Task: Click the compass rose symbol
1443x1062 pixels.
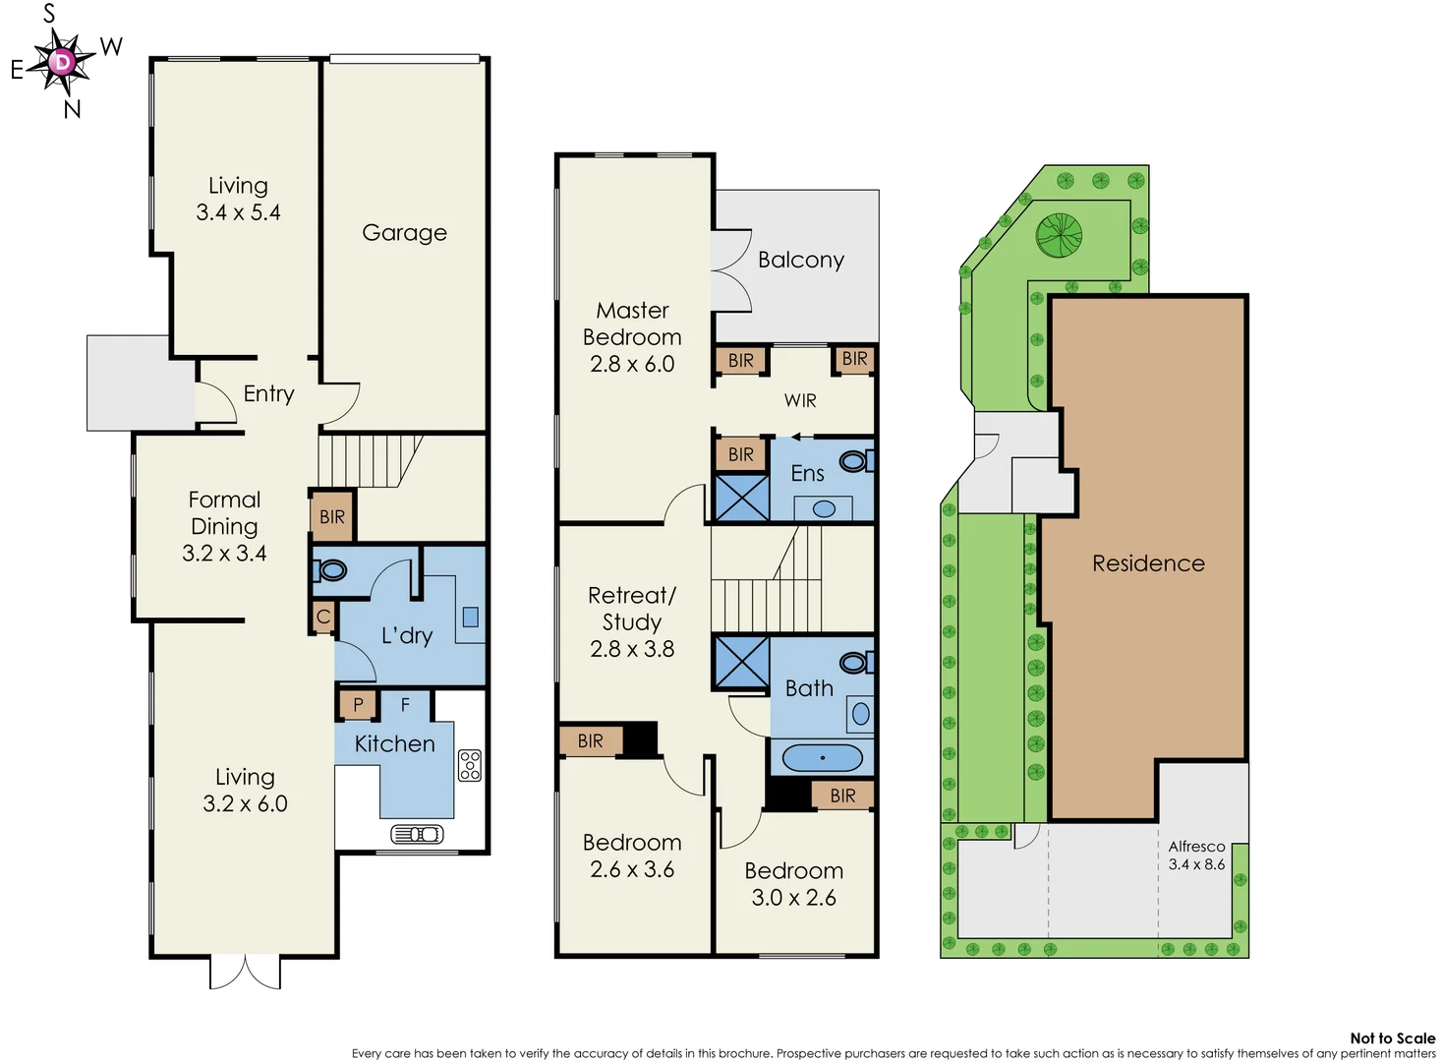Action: pyautogui.click(x=62, y=63)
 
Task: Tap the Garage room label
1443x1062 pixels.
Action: pyautogui.click(x=404, y=233)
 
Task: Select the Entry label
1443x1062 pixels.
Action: pyautogui.click(x=268, y=393)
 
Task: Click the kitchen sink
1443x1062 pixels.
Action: pyautogui.click(x=418, y=834)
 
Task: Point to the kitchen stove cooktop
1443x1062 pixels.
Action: pyautogui.click(x=470, y=765)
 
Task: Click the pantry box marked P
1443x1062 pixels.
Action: pyautogui.click(x=358, y=704)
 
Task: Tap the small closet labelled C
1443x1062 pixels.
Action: pyautogui.click(x=323, y=618)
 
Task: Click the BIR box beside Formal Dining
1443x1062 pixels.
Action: pyautogui.click(x=332, y=517)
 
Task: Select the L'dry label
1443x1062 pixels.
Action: pyautogui.click(x=407, y=635)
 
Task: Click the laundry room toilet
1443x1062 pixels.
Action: pyautogui.click(x=331, y=570)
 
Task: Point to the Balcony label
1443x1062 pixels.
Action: pyautogui.click(x=800, y=260)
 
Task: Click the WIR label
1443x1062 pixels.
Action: pyautogui.click(x=800, y=400)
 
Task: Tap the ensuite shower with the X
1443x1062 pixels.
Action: pyautogui.click(x=741, y=497)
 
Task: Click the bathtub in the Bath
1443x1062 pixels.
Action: pyautogui.click(x=823, y=757)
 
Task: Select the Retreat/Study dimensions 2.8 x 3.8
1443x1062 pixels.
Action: pyautogui.click(x=632, y=649)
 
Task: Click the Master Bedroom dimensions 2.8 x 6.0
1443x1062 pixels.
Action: pyautogui.click(x=632, y=364)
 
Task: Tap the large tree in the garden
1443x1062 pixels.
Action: pyautogui.click(x=1059, y=236)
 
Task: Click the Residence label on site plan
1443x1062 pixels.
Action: pyautogui.click(x=1148, y=563)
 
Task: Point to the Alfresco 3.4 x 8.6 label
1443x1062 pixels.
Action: pyautogui.click(x=1196, y=855)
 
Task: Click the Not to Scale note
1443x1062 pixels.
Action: pyautogui.click(x=1392, y=1037)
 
